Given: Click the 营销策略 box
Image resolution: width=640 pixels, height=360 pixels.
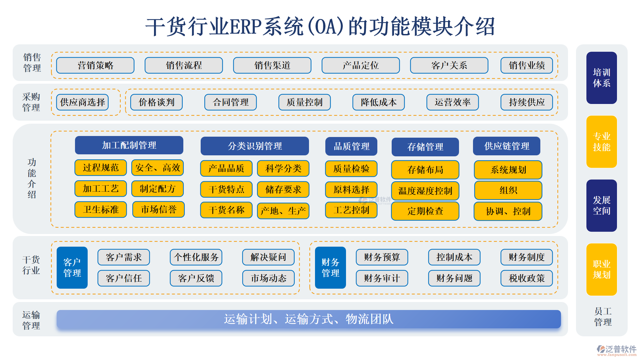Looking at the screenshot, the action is pyautogui.click(x=95, y=65).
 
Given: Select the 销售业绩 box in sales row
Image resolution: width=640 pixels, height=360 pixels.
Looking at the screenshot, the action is pyautogui.click(x=527, y=65).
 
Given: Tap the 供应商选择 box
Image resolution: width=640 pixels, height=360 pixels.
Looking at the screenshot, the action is pyautogui.click(x=83, y=102).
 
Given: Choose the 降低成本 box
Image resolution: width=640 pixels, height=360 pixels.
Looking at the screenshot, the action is pyautogui.click(x=379, y=102).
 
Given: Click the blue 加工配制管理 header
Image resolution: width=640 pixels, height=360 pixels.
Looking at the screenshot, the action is pyautogui.click(x=129, y=145).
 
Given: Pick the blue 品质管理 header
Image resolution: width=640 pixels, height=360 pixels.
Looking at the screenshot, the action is pyautogui.click(x=351, y=146).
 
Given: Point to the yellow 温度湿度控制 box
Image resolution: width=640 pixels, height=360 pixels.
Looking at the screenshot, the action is pyautogui.click(x=425, y=191).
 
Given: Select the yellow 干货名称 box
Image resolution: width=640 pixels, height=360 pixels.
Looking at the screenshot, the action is pyautogui.click(x=226, y=210).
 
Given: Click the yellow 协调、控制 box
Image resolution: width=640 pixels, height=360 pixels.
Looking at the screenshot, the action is pyautogui.click(x=508, y=211).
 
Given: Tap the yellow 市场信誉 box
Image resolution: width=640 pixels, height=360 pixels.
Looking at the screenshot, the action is pyautogui.click(x=158, y=209).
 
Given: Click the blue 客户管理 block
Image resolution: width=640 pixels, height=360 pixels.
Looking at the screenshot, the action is pyautogui.click(x=72, y=268).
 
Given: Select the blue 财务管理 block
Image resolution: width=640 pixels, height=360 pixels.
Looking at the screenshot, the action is pyautogui.click(x=330, y=268).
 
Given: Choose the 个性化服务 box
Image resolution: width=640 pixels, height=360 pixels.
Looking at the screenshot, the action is pyautogui.click(x=196, y=257).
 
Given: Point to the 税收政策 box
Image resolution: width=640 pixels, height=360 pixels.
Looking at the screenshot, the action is pyautogui.click(x=527, y=278).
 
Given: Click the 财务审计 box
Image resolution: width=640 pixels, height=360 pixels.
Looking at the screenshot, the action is pyautogui.click(x=382, y=278).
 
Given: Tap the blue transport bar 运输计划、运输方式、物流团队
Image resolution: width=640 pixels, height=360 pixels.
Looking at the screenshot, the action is pyautogui.click(x=309, y=319).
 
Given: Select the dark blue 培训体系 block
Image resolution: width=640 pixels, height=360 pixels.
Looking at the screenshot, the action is pyautogui.click(x=602, y=78).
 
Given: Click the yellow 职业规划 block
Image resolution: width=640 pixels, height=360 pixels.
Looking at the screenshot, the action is pyautogui.click(x=602, y=269).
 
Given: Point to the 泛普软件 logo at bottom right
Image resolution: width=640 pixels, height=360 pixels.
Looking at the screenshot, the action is pyautogui.click(x=617, y=350).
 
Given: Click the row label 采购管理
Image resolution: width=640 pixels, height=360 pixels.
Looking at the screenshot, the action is pyautogui.click(x=31, y=102).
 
